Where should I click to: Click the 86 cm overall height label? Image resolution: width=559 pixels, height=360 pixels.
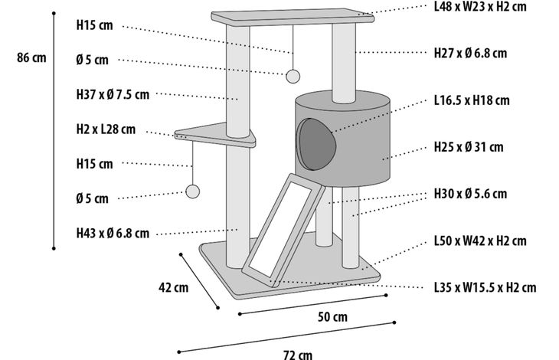(x=31, y=57)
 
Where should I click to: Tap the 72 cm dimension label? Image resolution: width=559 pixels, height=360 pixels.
(x=298, y=355)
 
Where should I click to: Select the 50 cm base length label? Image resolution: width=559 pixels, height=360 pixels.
(x=332, y=316)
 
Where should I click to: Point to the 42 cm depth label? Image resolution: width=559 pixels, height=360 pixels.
(x=174, y=287)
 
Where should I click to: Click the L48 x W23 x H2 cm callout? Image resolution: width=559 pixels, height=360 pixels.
(x=480, y=6)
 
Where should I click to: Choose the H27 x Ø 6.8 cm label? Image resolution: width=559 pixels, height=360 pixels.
(x=470, y=53)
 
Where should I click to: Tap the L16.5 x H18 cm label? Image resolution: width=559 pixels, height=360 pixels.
(x=472, y=100)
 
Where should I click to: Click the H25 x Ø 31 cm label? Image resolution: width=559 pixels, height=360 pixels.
(x=469, y=147)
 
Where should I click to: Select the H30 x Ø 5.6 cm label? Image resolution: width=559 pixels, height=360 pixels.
(x=470, y=194)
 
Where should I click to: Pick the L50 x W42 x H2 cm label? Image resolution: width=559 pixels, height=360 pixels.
(x=480, y=241)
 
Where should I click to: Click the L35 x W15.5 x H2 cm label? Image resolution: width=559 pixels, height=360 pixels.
(x=485, y=287)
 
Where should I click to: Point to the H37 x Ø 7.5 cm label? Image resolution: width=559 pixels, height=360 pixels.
(x=113, y=94)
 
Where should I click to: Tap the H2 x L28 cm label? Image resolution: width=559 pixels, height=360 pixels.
(x=106, y=129)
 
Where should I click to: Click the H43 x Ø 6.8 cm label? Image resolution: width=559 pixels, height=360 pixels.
(x=113, y=233)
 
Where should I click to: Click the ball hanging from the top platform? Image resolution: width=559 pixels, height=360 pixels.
(x=293, y=77)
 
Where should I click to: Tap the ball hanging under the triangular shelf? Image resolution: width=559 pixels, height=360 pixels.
(x=192, y=191)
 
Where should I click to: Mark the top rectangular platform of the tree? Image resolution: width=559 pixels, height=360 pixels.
(x=293, y=17)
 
